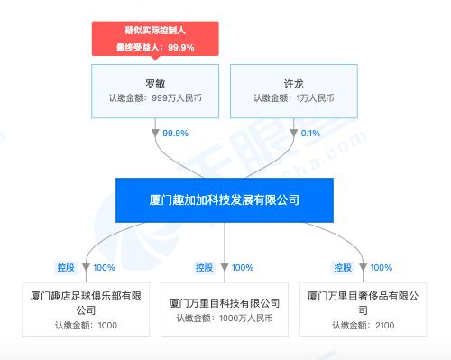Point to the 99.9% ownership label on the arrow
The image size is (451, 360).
pyautogui.click(x=175, y=133)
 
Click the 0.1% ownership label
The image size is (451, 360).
pyautogui.click(x=309, y=133)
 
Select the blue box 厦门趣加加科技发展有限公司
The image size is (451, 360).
pyautogui.click(x=224, y=199)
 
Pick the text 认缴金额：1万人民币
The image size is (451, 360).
pyautogui.click(x=293, y=98)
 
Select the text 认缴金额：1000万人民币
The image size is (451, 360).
pyautogui.click(x=225, y=318)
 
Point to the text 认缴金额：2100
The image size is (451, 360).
pyautogui.click(x=364, y=326)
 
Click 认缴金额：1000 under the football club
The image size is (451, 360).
pyautogui.click(x=85, y=326)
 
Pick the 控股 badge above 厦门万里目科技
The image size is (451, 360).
pyautogui.click(x=205, y=267)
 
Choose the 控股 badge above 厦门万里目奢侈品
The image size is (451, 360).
pyautogui.click(x=344, y=267)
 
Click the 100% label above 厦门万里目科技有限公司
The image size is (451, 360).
pyautogui.click(x=242, y=267)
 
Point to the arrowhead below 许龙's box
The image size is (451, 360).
pyautogui.click(x=293, y=133)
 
